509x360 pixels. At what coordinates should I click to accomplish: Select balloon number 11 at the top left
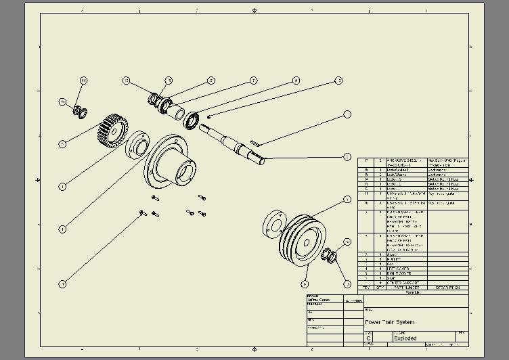tap(84, 81)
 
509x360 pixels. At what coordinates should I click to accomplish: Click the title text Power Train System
tap(390, 322)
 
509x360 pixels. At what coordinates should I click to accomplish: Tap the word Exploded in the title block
tap(404, 338)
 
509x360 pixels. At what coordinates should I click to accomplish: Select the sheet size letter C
tap(369, 338)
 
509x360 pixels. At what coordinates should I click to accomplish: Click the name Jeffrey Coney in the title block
tap(319, 300)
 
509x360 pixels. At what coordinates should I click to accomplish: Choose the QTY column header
tap(380, 288)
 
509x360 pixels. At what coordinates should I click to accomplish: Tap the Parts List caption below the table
tap(413, 292)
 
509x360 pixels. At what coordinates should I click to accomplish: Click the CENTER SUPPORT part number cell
tap(403, 283)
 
